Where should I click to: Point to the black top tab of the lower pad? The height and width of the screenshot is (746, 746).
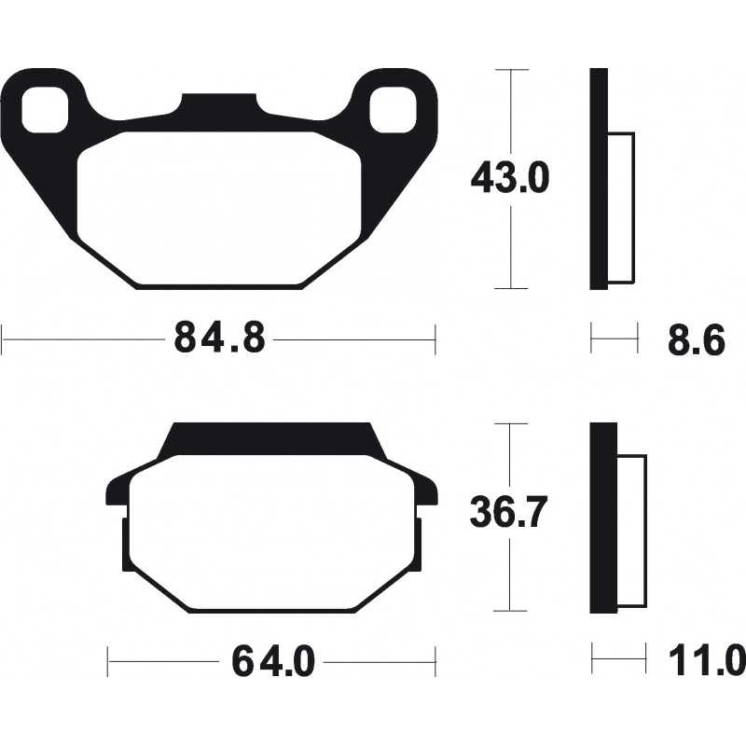coord(270,440)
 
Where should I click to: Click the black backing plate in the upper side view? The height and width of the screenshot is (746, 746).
coord(599,177)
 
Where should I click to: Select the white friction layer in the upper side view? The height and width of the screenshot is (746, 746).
coord(621,207)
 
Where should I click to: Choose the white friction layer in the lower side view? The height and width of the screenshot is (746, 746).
coord(631,530)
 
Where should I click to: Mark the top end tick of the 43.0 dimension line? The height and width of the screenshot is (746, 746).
coord(511,69)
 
